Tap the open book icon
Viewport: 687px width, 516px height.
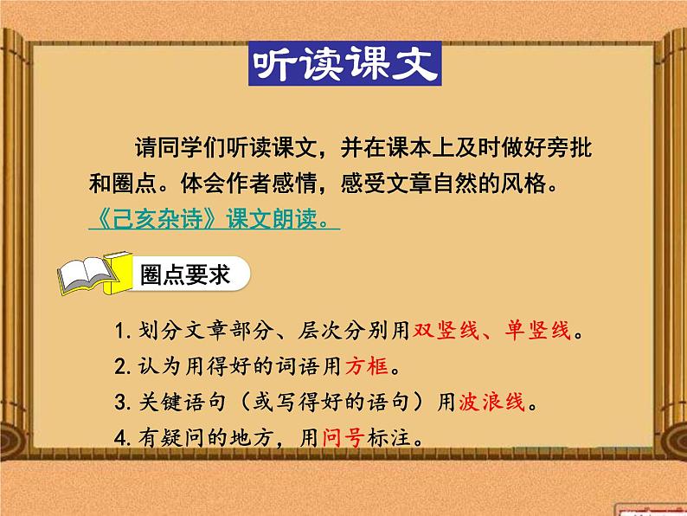(91, 274)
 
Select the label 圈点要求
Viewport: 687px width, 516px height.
(184, 274)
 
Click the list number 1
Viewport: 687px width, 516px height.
(119, 331)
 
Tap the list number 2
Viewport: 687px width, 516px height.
(119, 367)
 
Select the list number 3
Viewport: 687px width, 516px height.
(119, 403)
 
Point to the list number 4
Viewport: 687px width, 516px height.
(119, 438)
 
